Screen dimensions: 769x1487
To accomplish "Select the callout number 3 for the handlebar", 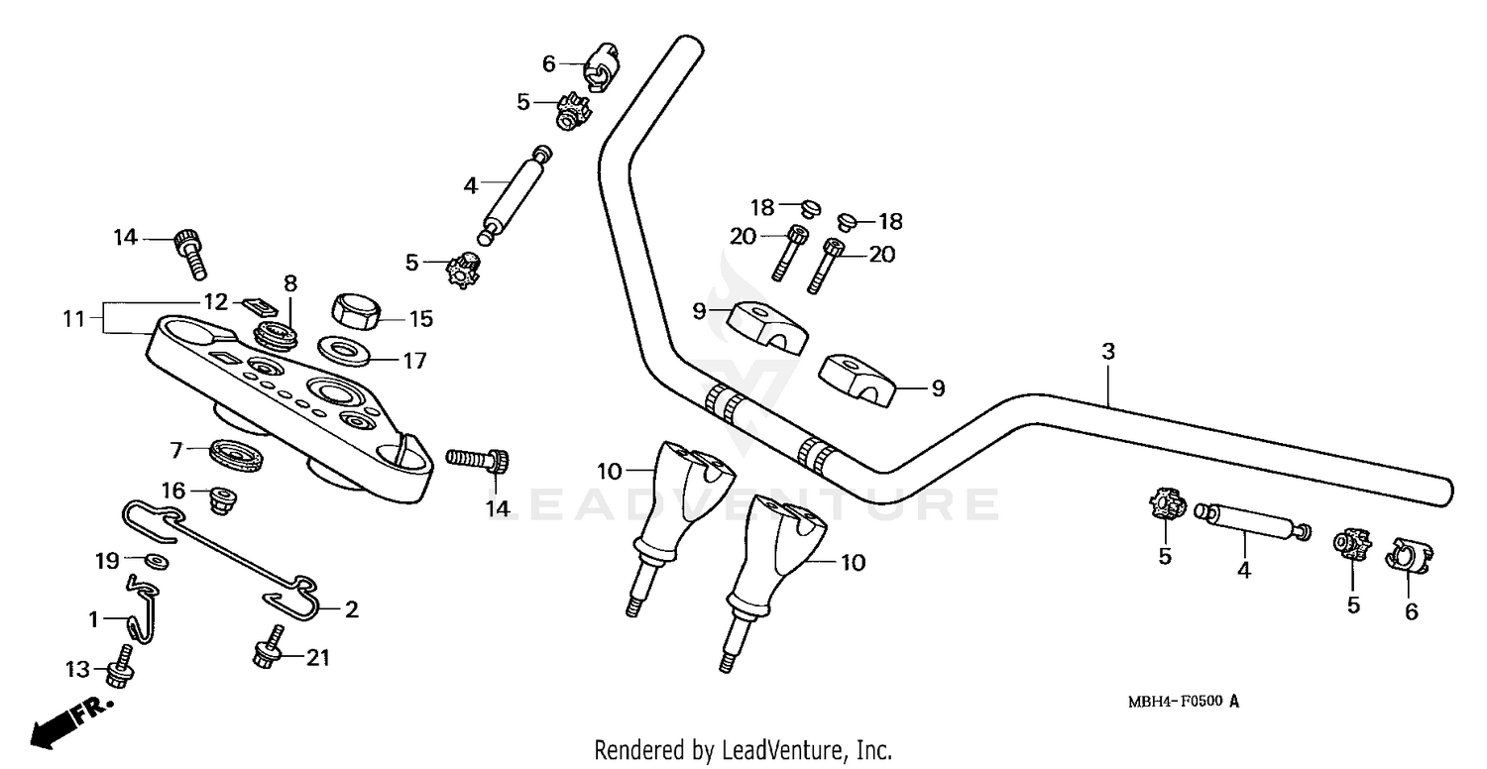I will coord(1108,351).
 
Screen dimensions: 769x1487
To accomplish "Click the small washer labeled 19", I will coord(157,562).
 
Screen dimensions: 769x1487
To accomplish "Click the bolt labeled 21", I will coord(268,649).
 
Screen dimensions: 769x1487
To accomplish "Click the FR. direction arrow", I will coord(69,719).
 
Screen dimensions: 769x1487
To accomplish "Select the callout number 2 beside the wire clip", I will coord(351,609).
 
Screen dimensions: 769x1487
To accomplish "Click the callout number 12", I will coord(217,300).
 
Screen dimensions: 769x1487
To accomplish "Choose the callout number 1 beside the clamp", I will coord(94,620).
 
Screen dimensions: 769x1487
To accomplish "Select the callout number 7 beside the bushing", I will coord(176,451).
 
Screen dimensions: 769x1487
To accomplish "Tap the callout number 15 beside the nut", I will coord(421,319).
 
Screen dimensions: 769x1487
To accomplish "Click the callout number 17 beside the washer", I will coord(414,361).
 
